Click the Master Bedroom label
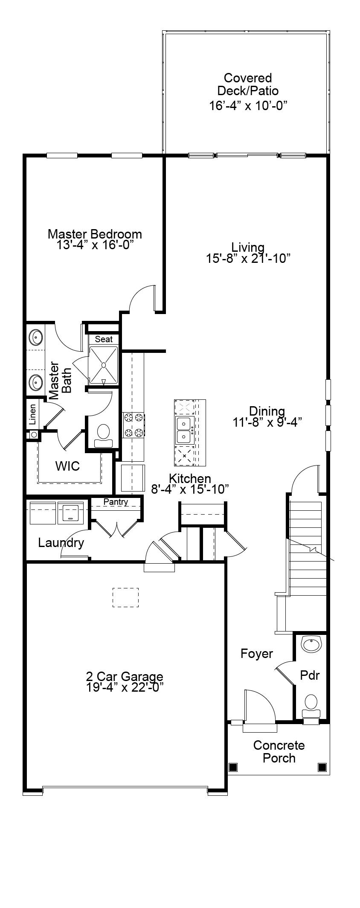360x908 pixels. click(x=95, y=234)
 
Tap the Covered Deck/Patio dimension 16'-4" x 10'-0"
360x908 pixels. click(x=248, y=106)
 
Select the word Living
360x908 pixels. click(x=248, y=247)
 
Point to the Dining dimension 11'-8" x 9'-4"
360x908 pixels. click(x=267, y=422)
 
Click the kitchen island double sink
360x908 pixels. click(x=185, y=430)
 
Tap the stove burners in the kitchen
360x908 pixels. click(x=134, y=425)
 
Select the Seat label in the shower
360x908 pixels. click(x=104, y=339)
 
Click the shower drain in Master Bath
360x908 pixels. click(x=104, y=365)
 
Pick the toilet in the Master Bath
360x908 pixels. click(x=103, y=436)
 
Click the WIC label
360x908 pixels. click(x=67, y=466)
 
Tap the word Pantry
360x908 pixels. click(x=116, y=502)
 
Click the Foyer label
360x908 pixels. click(x=257, y=654)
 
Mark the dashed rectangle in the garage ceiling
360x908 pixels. click(x=125, y=597)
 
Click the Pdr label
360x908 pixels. click(x=310, y=675)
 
